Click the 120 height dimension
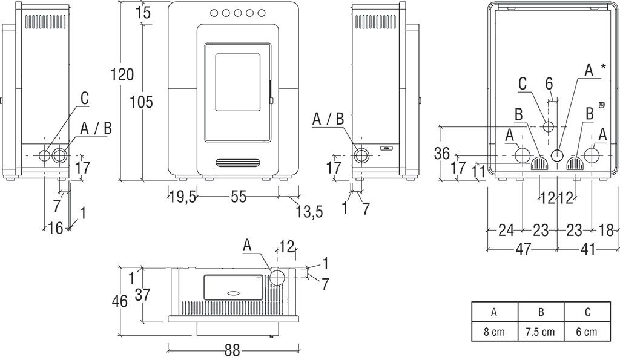pos(122,74)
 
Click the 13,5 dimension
pos(308,211)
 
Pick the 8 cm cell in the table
pos(494,332)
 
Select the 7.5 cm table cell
pos(540,332)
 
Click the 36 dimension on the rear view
pos(442,154)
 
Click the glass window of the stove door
pos(238,83)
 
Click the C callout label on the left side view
pos(85,98)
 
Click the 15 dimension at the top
pos(143,12)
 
